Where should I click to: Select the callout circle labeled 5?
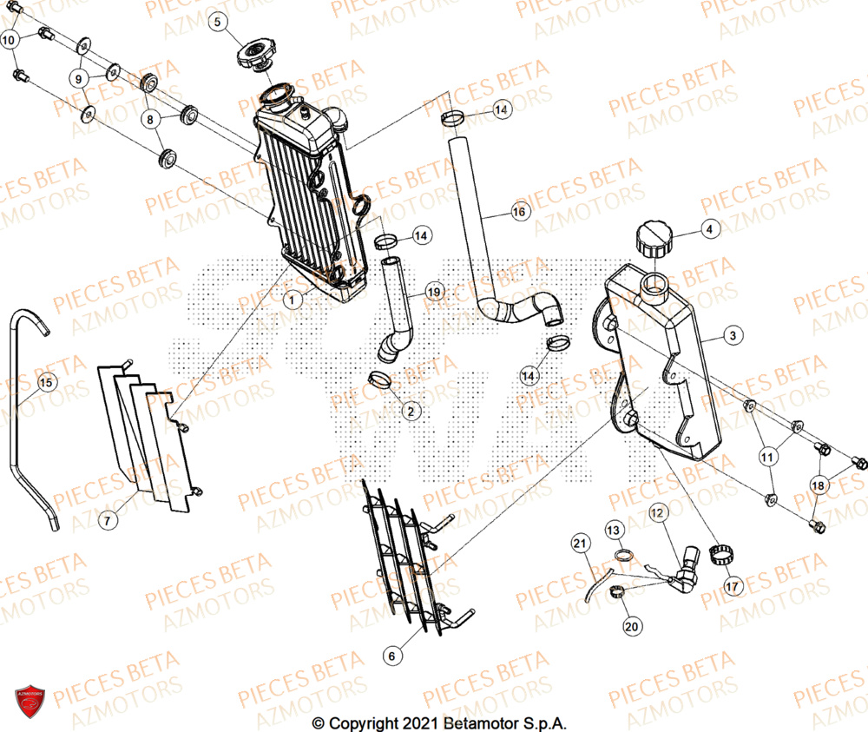click(x=218, y=20)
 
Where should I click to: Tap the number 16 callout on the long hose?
click(x=518, y=212)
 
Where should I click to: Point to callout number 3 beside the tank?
click(x=733, y=335)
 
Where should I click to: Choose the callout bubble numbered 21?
click(x=580, y=544)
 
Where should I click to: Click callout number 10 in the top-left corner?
click(x=10, y=40)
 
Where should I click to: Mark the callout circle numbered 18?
click(x=817, y=485)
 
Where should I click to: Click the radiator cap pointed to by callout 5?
click(x=254, y=56)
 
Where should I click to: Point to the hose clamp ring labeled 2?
click(x=380, y=379)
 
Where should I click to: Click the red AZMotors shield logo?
click(x=30, y=698)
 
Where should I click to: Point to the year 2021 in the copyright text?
click(x=419, y=722)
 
